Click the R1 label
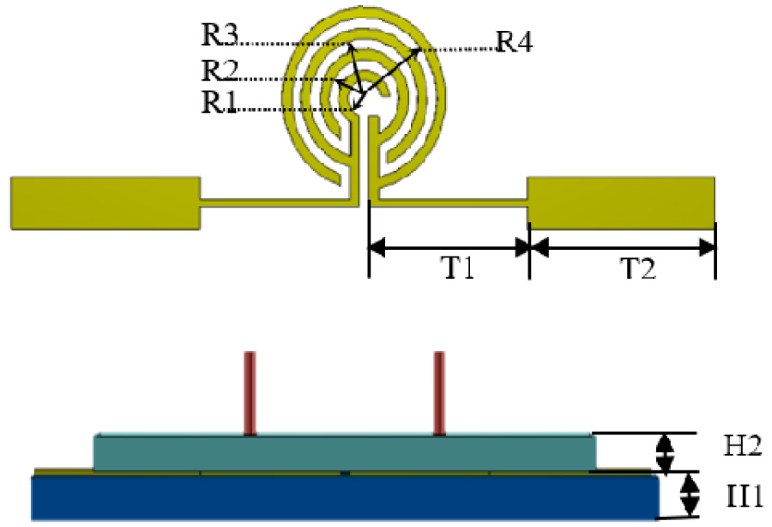pos(220,102)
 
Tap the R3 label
pos(220,36)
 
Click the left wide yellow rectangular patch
pos(105,203)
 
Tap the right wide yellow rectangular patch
pos(621,203)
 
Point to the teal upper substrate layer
pos(343,452)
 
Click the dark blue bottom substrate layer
pos(343,498)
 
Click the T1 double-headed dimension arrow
pos(449,248)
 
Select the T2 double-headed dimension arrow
pos(622,248)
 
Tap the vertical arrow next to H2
pos(666,452)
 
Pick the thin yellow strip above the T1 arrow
pos(448,203)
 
